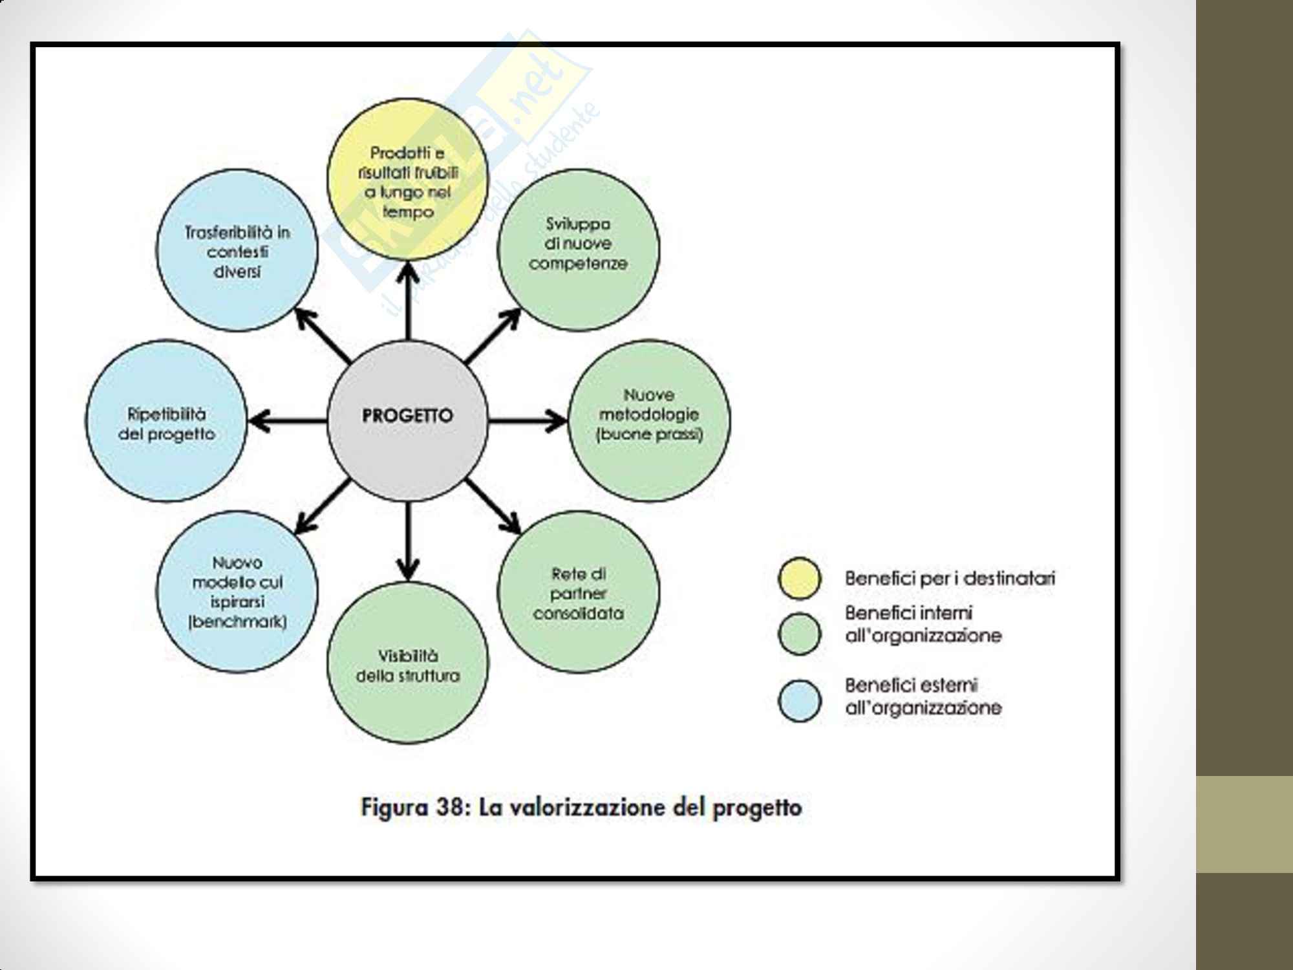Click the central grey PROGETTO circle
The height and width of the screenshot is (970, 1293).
(x=407, y=420)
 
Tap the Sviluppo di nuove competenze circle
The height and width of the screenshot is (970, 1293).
(x=578, y=250)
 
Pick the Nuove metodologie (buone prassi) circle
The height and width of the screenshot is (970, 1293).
(x=649, y=420)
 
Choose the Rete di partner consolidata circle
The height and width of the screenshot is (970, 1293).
(x=578, y=592)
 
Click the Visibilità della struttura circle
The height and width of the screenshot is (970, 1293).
(x=407, y=662)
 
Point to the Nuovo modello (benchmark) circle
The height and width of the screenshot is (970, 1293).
(x=237, y=592)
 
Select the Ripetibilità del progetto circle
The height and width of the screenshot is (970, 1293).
(x=166, y=420)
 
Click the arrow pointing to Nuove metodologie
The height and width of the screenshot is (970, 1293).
(x=527, y=421)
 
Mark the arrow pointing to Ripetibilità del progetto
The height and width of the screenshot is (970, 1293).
(x=288, y=421)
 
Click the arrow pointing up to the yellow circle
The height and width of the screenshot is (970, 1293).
(x=408, y=301)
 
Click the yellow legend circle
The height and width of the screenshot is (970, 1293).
(x=800, y=578)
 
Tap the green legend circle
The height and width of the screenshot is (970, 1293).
(x=800, y=634)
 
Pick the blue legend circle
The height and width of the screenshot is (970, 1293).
(x=800, y=700)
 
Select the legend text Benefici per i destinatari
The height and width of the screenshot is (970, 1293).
(x=950, y=578)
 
